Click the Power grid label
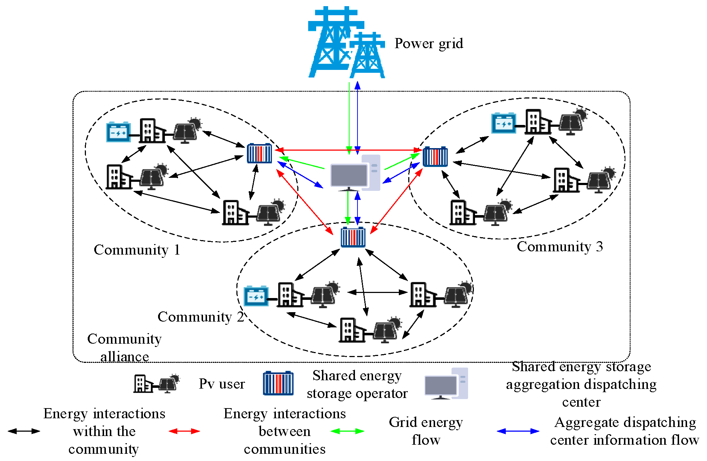coord(429,43)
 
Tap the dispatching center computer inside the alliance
coord(355,173)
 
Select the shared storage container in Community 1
coord(259,154)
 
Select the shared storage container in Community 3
coord(435,156)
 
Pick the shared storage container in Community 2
coord(353,237)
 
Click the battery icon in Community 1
coord(118,132)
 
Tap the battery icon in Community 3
coord(503,123)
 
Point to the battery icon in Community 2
coord(256,296)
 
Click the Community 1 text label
coord(137,250)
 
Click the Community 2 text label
coord(200,317)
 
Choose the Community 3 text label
coord(559,247)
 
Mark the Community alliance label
coord(124,348)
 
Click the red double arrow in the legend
coord(184,431)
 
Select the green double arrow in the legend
coord(347,431)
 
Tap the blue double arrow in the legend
coord(518,431)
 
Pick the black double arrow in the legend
coord(24,431)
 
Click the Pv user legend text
coord(222,384)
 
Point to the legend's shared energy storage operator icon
coord(278,383)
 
